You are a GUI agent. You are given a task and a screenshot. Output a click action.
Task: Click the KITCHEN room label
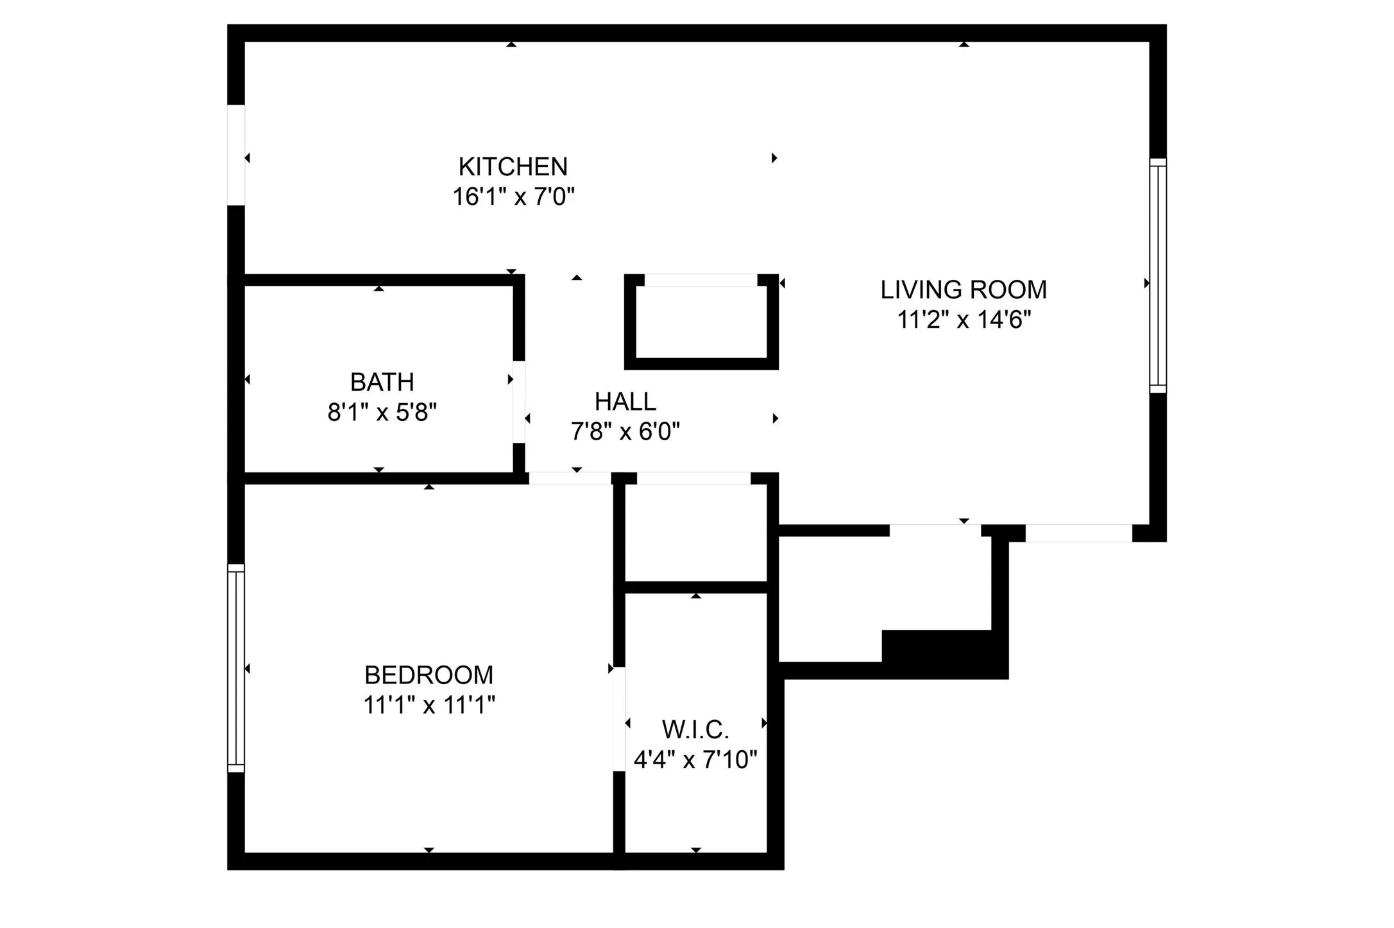click(x=513, y=167)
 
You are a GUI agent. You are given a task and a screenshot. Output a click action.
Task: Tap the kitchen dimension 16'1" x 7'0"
click(x=513, y=196)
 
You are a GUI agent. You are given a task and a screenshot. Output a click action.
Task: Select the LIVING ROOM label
click(x=963, y=290)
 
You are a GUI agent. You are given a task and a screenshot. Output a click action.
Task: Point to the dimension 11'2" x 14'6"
click(x=963, y=320)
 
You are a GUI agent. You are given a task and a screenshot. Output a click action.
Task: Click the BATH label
click(x=382, y=382)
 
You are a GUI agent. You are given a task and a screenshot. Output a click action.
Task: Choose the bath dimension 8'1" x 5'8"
click(x=382, y=412)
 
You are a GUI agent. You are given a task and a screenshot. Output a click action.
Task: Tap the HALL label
click(x=625, y=402)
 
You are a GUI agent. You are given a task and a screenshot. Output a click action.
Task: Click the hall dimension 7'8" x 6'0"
click(x=625, y=431)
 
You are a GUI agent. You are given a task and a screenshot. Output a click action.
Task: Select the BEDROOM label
click(x=429, y=675)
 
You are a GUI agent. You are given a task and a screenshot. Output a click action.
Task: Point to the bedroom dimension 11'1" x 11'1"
click(x=429, y=705)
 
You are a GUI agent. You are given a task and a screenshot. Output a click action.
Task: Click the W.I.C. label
click(x=695, y=730)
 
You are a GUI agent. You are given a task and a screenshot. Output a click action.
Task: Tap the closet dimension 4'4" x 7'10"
click(x=695, y=760)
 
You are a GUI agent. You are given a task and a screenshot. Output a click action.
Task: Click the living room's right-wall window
click(x=1157, y=275)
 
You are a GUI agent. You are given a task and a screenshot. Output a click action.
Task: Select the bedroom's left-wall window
click(x=236, y=668)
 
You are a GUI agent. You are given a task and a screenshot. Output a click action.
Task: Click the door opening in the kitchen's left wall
click(x=236, y=155)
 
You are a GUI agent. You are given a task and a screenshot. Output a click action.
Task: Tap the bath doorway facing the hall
click(x=518, y=402)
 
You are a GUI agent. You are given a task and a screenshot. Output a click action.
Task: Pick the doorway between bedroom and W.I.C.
click(x=619, y=719)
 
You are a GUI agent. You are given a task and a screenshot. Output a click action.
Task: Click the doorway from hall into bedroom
click(x=570, y=478)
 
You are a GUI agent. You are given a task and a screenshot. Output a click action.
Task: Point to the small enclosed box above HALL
click(x=701, y=322)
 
